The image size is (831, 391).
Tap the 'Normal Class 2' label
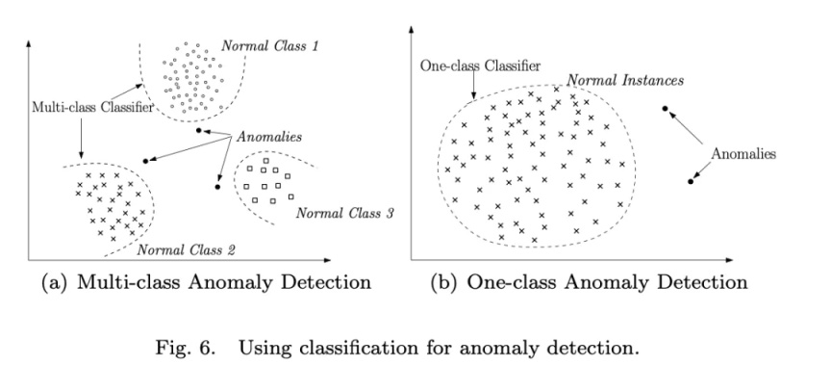point(187,250)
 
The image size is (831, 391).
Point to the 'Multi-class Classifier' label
point(91,107)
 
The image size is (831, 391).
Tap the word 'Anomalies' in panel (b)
point(743,153)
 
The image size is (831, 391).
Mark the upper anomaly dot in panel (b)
point(665,108)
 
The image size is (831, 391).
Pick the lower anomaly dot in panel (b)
point(691,180)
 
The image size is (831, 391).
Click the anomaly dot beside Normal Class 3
point(218,186)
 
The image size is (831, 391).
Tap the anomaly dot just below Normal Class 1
point(198,131)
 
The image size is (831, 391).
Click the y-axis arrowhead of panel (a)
point(33,42)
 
